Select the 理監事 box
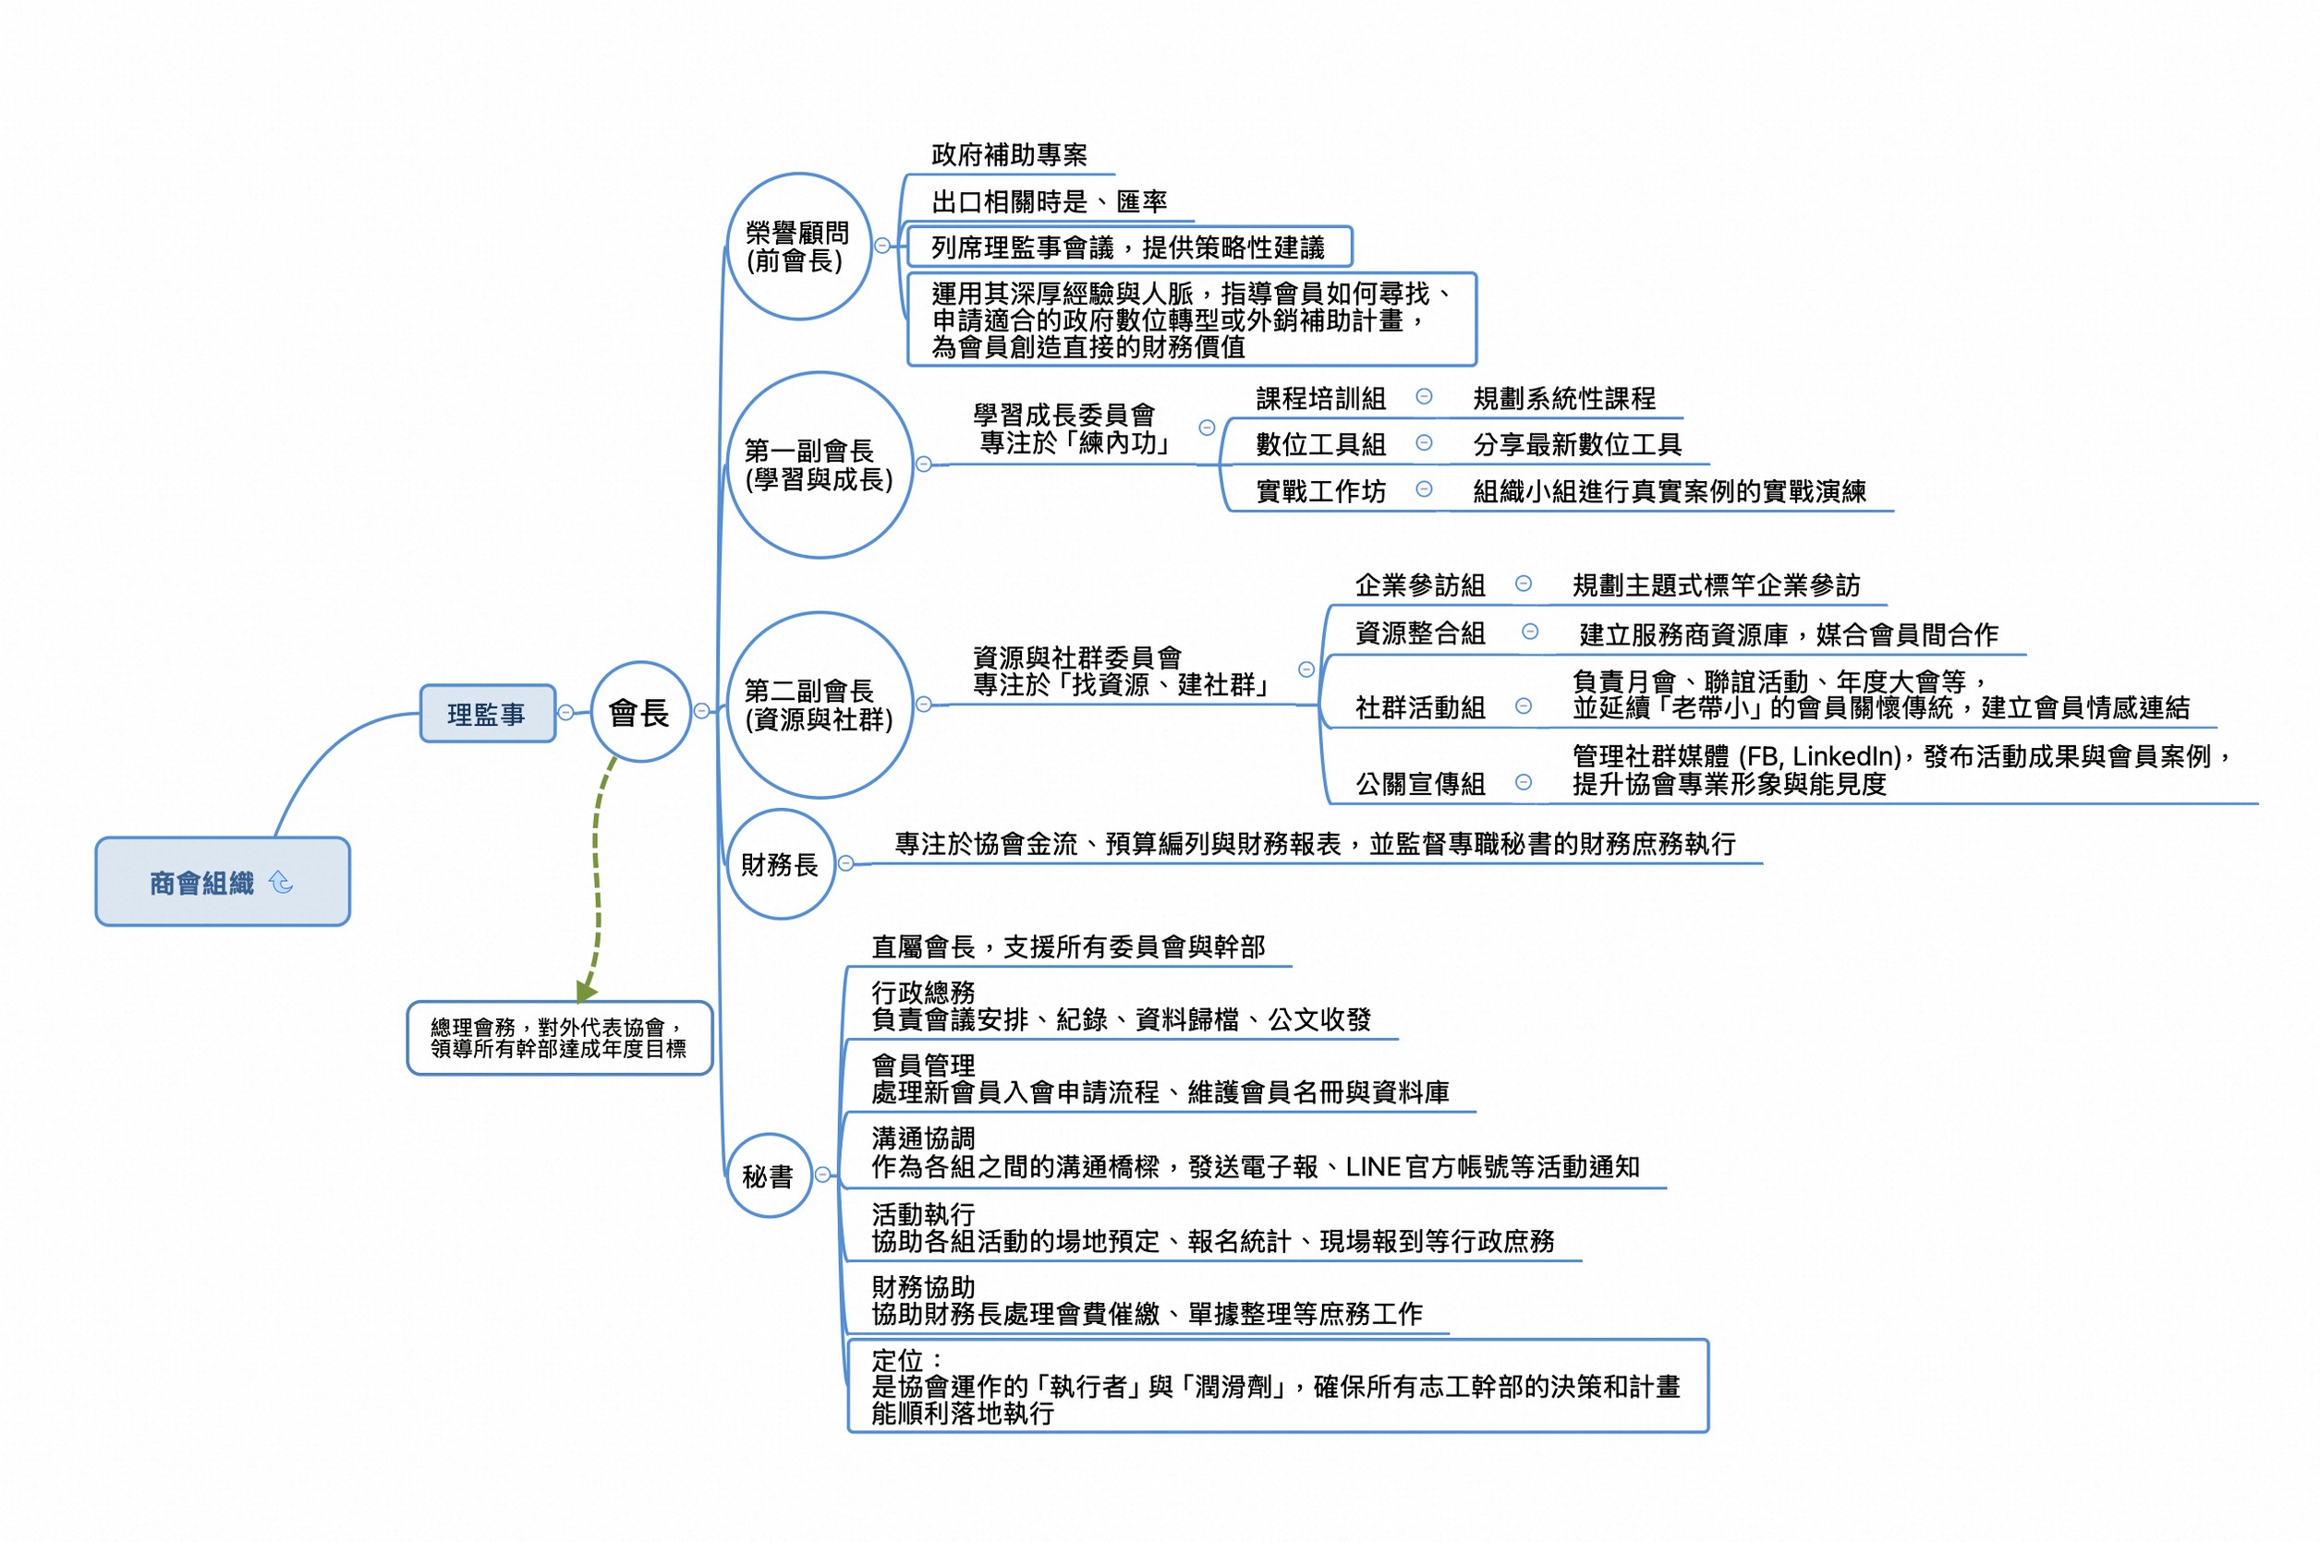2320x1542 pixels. (x=487, y=713)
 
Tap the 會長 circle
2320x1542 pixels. (x=639, y=711)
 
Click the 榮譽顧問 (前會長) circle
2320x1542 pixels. (x=798, y=246)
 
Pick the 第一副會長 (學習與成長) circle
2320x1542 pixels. (x=819, y=464)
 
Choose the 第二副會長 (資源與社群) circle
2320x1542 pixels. (x=819, y=705)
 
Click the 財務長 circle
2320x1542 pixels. (x=779, y=863)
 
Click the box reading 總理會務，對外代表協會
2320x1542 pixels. (x=559, y=1038)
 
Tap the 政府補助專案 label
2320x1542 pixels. (x=1009, y=154)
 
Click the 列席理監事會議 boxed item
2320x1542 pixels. (x=1128, y=246)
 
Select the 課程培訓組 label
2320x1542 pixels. (x=1320, y=398)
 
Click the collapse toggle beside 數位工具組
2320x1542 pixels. (x=1423, y=442)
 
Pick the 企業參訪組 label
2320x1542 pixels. (x=1420, y=585)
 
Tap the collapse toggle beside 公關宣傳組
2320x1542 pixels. (x=1523, y=782)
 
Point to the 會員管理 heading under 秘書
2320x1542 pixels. (x=923, y=1064)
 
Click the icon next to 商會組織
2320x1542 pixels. (x=282, y=882)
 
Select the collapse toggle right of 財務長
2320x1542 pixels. (x=845, y=862)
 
